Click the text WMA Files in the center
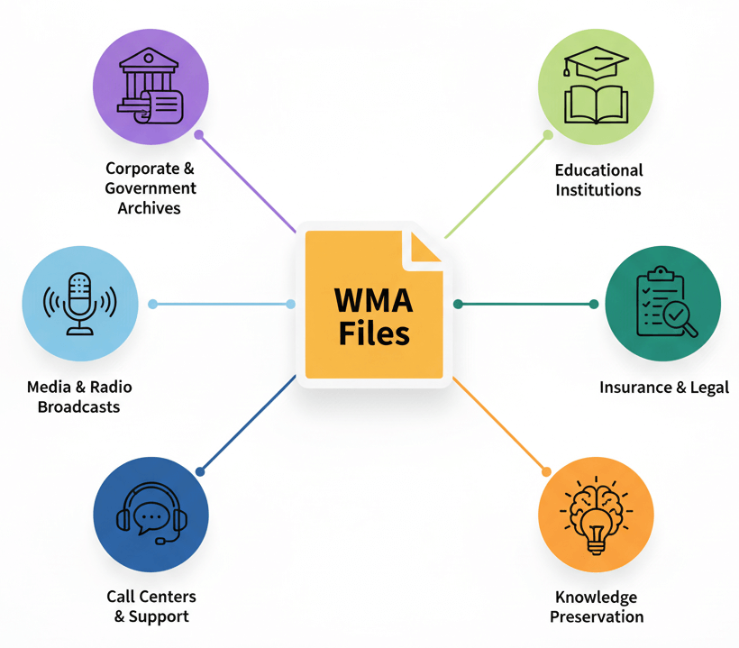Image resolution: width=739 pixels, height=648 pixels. pyautogui.click(x=374, y=316)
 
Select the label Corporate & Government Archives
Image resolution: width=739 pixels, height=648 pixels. pyautogui.click(x=150, y=188)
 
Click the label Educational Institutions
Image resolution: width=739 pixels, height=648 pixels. pyautogui.click(x=598, y=179)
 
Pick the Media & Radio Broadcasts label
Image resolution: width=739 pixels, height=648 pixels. pyautogui.click(x=79, y=397)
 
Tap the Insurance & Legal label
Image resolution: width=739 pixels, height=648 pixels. pyautogui.click(x=664, y=388)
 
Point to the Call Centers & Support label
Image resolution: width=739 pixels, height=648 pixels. pyautogui.click(x=151, y=607)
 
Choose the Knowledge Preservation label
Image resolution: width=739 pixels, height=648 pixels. pyautogui.click(x=597, y=607)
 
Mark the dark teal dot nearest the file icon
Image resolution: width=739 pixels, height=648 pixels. pyautogui.click(x=458, y=305)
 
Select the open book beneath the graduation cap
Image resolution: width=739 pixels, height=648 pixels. pyautogui.click(x=595, y=102)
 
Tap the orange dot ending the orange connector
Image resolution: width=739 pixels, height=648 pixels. pyautogui.click(x=545, y=470)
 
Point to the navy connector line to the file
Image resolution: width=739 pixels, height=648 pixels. pyautogui.click(x=248, y=424)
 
